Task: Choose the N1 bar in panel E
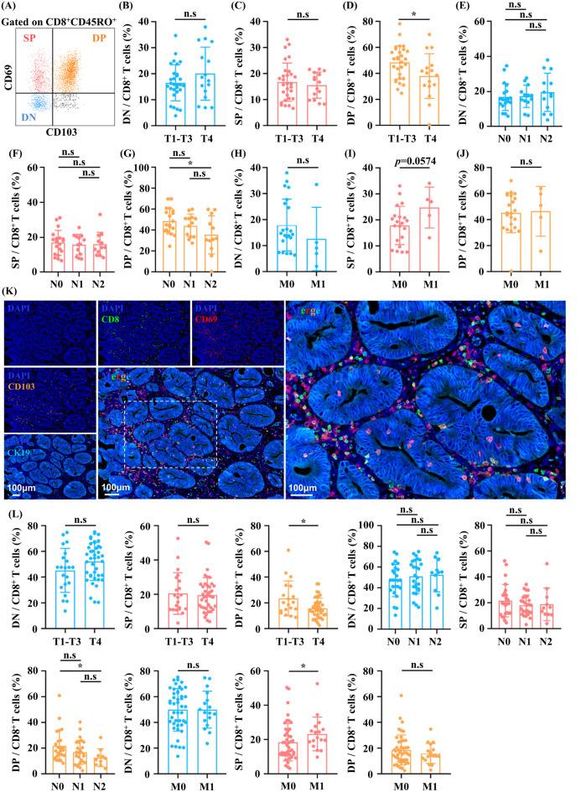pyautogui.click(x=523, y=111)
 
